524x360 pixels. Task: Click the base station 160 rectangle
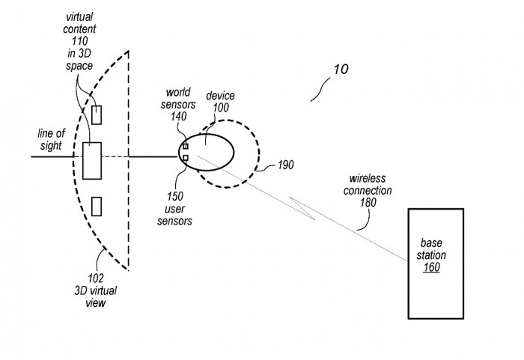click(x=438, y=263)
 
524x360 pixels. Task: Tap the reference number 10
click(x=340, y=70)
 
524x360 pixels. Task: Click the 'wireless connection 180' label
click(x=370, y=191)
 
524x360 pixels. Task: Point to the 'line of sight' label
click(x=52, y=138)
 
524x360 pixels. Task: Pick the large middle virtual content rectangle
click(x=92, y=159)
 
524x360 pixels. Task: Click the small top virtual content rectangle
click(x=97, y=115)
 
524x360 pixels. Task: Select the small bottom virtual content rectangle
click(x=97, y=205)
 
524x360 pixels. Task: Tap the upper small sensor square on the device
click(x=185, y=146)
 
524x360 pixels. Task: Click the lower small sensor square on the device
click(x=185, y=157)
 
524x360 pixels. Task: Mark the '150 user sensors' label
click(x=178, y=209)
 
